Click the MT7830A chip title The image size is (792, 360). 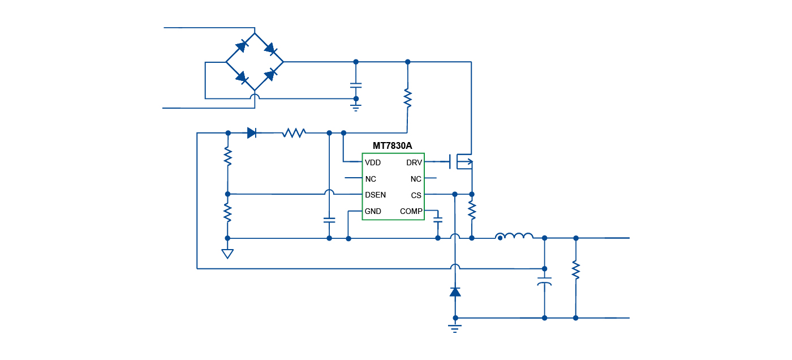tap(392, 145)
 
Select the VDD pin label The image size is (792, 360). tap(373, 162)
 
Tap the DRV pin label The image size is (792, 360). tap(414, 162)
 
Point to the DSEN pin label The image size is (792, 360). tap(376, 195)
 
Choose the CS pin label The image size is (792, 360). tap(416, 195)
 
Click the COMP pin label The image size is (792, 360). tap(411, 211)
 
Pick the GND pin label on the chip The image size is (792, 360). tap(373, 211)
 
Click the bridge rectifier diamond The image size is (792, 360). tap(255, 62)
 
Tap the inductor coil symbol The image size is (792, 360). tap(514, 237)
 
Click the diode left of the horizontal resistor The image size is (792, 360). tap(252, 133)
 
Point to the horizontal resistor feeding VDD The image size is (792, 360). tap(294, 133)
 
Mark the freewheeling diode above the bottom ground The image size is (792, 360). tap(455, 292)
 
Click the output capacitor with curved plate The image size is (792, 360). tap(544, 281)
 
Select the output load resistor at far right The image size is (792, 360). tap(575, 269)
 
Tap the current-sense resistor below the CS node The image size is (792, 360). tap(472, 211)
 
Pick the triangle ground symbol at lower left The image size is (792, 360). tap(227, 253)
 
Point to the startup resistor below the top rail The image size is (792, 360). tap(407, 98)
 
